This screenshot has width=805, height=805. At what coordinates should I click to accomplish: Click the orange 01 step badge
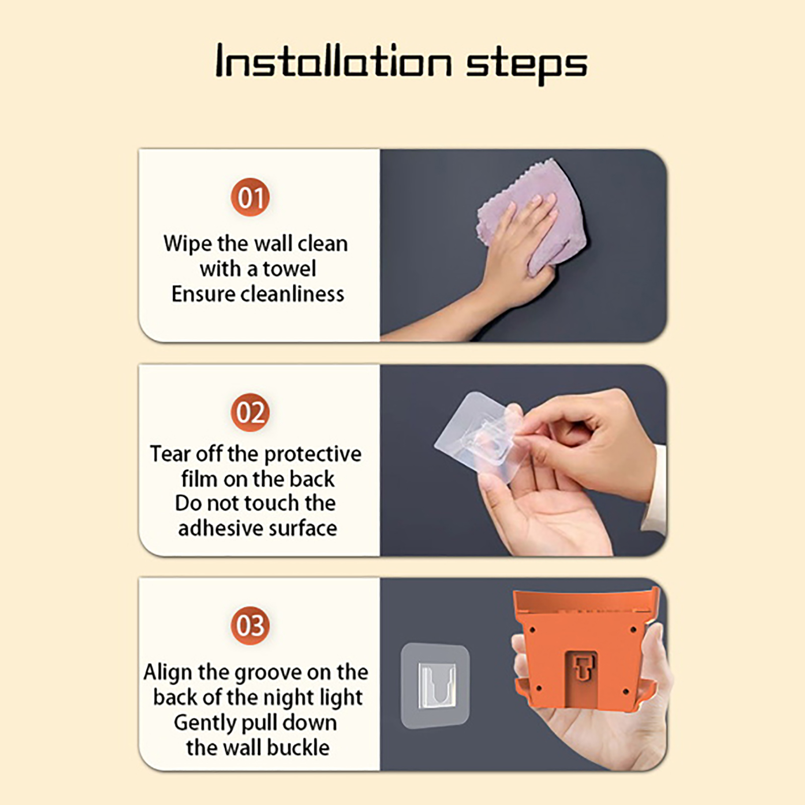(250, 197)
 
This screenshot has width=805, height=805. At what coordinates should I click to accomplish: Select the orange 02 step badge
(250, 412)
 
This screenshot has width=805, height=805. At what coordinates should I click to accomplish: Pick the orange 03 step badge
(250, 625)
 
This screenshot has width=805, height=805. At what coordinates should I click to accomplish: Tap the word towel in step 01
(289, 269)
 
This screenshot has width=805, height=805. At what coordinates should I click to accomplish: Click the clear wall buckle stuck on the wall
(435, 685)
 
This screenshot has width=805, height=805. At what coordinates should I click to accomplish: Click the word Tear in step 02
(170, 454)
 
